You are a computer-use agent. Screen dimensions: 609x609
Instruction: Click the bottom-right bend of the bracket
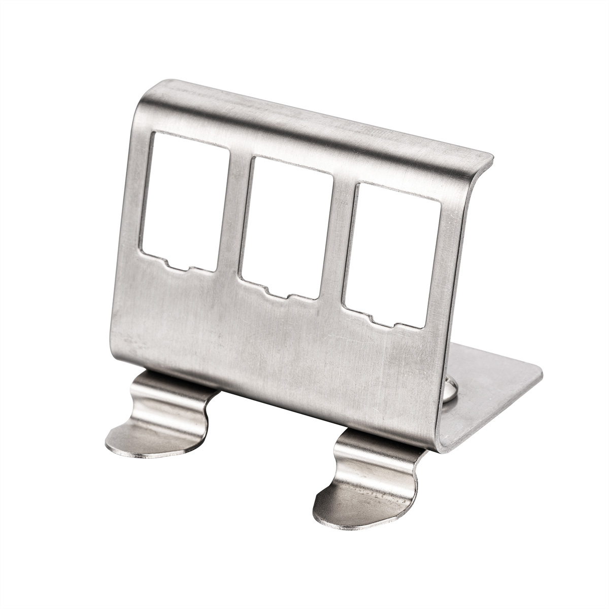[x=442, y=442]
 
